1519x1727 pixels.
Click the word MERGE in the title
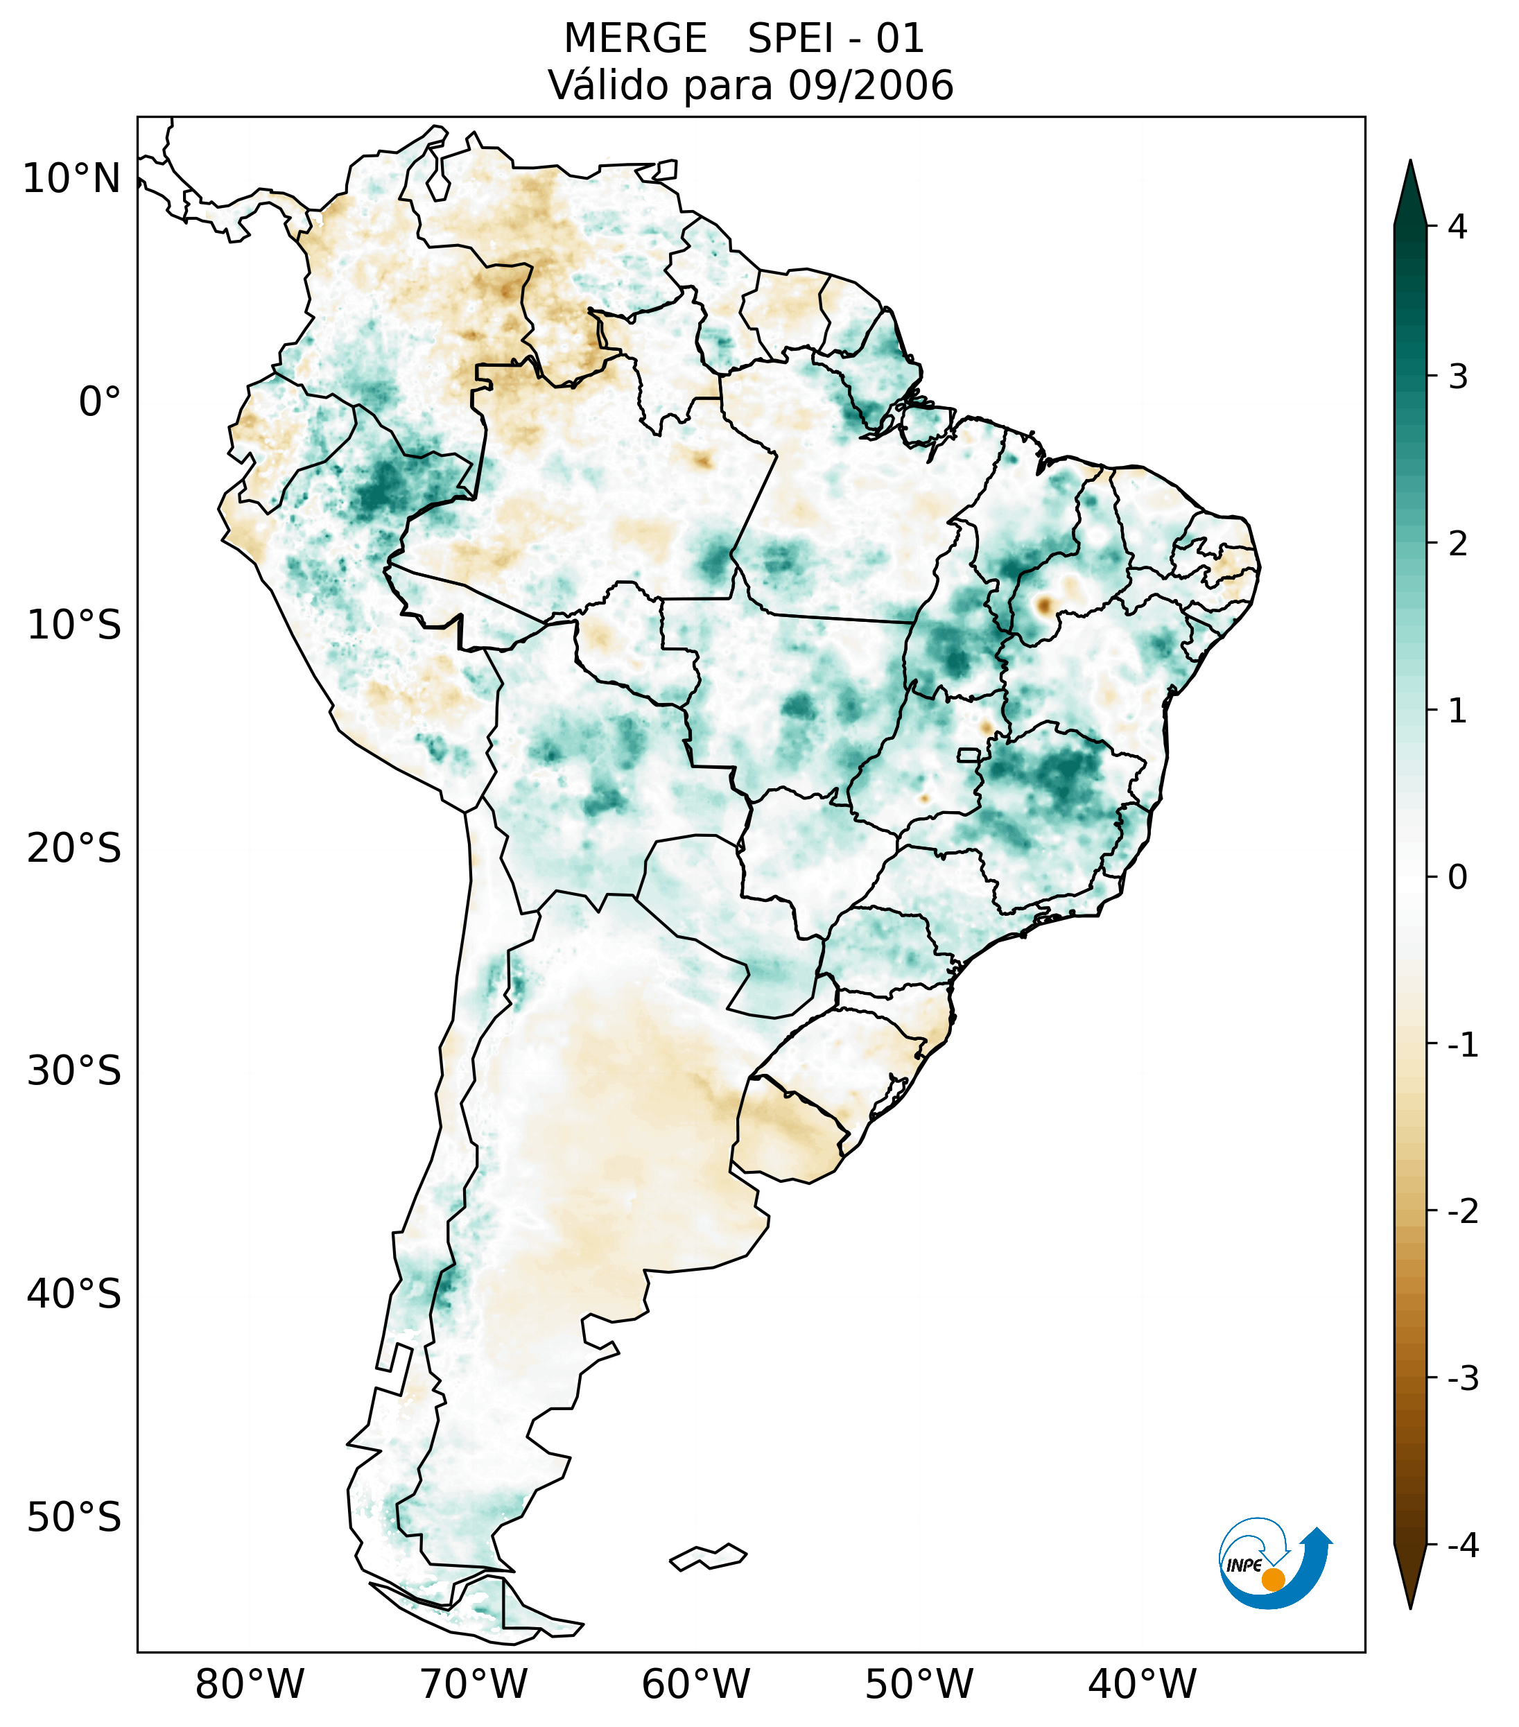[x=634, y=39]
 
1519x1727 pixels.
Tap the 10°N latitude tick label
[x=72, y=179]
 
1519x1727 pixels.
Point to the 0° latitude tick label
[x=100, y=402]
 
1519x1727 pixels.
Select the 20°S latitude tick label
[x=74, y=849]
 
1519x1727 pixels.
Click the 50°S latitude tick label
[x=74, y=1518]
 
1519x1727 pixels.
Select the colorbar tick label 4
[x=1457, y=227]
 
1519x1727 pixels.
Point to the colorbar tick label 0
[x=1457, y=878]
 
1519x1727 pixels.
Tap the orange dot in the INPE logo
[x=1272, y=1579]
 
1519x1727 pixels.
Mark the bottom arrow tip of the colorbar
[x=1410, y=1607]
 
